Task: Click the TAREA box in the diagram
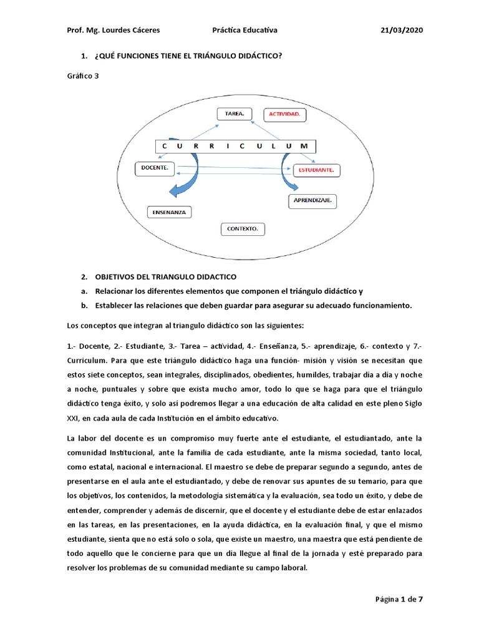click(234, 114)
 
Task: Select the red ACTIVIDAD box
click(284, 115)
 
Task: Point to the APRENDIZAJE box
click(312, 201)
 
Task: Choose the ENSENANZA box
click(169, 212)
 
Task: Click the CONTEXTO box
click(243, 229)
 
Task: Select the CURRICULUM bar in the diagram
click(236, 146)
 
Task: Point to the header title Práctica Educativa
click(244, 31)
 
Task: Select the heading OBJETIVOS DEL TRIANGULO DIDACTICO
click(165, 276)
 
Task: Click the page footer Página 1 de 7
click(399, 600)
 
